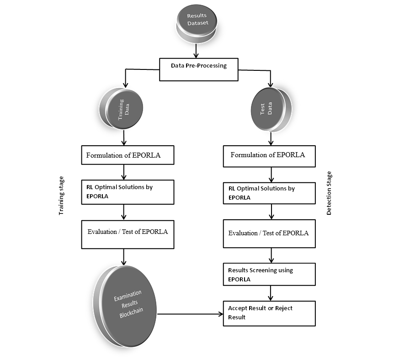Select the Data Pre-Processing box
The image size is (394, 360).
click(x=198, y=69)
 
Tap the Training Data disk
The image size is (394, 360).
click(x=123, y=111)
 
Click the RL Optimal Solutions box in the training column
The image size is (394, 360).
click(x=128, y=192)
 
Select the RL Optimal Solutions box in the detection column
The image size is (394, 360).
click(x=270, y=193)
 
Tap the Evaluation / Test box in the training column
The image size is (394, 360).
click(x=128, y=234)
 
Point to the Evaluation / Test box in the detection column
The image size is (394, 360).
click(x=270, y=234)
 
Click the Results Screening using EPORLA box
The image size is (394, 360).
click(x=270, y=275)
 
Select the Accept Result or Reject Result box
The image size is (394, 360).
click(x=270, y=313)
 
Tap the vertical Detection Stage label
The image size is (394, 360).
click(x=329, y=193)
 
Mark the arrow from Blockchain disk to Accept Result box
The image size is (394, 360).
click(x=190, y=314)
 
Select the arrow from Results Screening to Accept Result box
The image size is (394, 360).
click(x=272, y=293)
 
